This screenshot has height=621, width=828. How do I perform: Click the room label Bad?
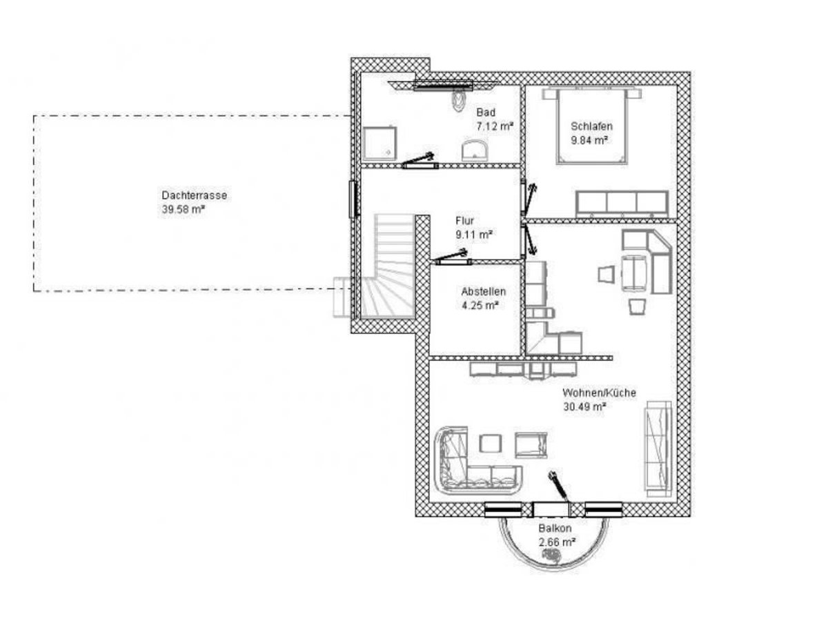tap(486, 112)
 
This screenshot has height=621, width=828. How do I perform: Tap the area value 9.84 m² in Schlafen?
tap(589, 140)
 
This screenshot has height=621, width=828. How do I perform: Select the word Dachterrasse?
tap(195, 195)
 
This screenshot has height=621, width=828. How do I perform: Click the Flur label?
tap(464, 221)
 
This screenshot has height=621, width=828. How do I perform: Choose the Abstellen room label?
tap(483, 291)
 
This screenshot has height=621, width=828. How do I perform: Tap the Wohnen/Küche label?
tap(599, 393)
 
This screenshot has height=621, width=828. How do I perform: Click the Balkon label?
tap(555, 529)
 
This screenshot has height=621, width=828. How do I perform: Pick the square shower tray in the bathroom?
tap(379, 144)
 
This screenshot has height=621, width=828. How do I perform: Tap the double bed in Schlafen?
tap(591, 126)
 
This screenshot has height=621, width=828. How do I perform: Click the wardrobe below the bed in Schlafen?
tap(622, 204)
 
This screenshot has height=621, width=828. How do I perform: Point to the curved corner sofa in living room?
tap(477, 461)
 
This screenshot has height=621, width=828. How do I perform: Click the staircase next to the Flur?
tap(388, 266)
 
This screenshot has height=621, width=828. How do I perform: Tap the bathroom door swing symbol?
tap(419, 160)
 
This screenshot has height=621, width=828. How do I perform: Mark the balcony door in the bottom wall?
tap(551, 509)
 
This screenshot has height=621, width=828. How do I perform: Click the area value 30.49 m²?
tap(584, 407)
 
